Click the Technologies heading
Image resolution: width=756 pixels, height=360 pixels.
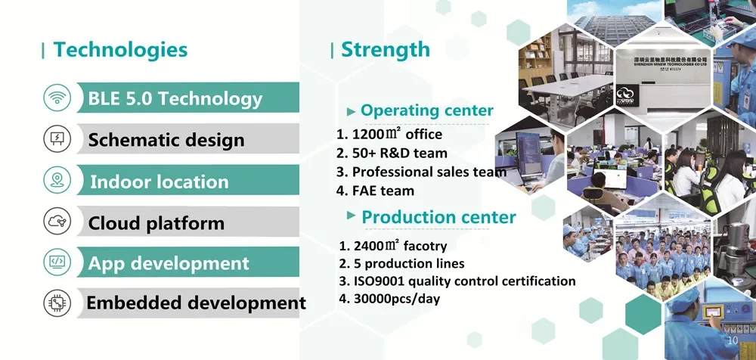[x=120, y=50]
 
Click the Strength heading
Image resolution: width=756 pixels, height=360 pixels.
[x=386, y=50]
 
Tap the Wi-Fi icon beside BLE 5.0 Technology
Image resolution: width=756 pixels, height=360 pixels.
[x=57, y=98]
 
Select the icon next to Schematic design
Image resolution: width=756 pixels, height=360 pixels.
[x=57, y=139]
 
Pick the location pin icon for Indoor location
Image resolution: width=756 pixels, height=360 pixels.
[x=57, y=180]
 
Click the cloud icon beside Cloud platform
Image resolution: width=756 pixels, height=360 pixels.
[x=57, y=221]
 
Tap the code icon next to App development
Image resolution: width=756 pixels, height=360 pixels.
[x=57, y=262]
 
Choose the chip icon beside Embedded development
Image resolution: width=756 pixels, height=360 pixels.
[x=57, y=303]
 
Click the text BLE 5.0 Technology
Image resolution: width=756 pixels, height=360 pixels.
[x=175, y=99]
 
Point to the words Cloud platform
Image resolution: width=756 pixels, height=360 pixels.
[x=156, y=223]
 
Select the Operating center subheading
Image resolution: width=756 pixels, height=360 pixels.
[x=426, y=110]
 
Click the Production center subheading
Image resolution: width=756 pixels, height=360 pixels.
[x=438, y=217]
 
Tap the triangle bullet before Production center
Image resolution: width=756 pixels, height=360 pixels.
[x=352, y=215]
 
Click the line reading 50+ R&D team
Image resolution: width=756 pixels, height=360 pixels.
[x=392, y=154]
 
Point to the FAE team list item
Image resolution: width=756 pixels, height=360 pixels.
[x=375, y=191]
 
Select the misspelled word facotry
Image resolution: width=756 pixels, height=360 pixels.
[x=425, y=246]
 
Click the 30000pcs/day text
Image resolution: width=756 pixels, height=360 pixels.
[x=389, y=299]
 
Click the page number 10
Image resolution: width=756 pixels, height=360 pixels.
[x=733, y=340]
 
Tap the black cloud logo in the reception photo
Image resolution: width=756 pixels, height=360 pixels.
[x=627, y=95]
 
